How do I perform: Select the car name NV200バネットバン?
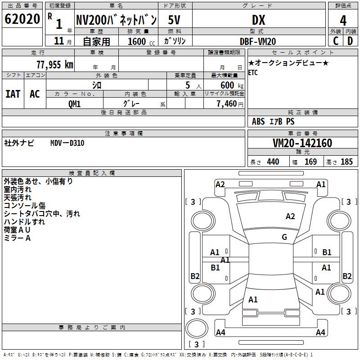116,19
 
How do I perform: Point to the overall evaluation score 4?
343,20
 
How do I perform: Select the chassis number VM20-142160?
302,143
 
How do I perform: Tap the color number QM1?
74,104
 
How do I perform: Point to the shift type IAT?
13,94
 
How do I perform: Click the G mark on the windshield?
284,237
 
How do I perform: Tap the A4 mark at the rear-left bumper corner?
220,333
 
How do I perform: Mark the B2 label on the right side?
347,276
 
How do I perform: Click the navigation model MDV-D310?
67,143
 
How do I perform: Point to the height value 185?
346,162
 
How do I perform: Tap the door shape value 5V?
175,20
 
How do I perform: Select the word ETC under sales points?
253,73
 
